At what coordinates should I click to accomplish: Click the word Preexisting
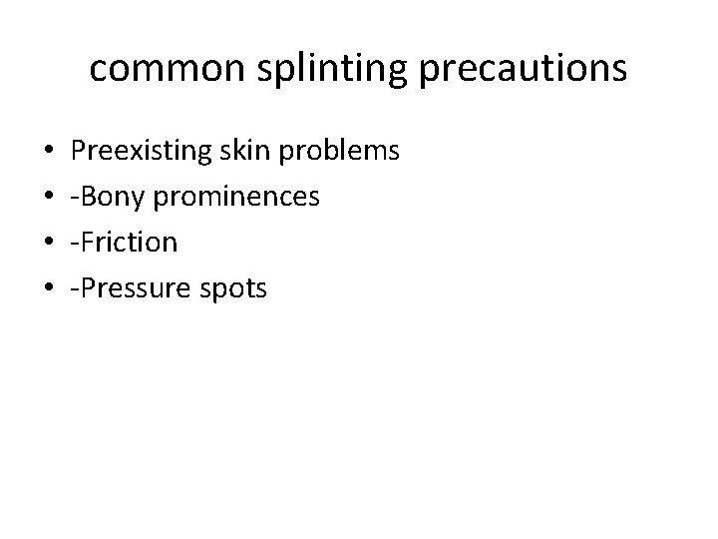tap(138, 152)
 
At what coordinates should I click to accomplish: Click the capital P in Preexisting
tap(79, 151)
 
